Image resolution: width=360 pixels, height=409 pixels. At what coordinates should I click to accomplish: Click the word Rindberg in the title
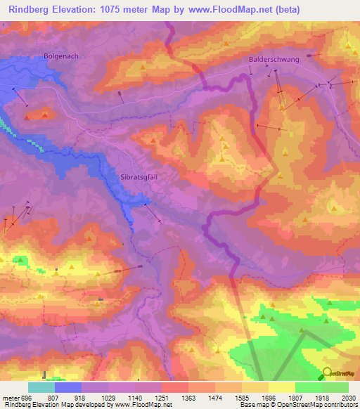(x=31, y=10)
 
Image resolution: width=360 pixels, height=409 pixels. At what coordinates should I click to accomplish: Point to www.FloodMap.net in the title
(x=233, y=10)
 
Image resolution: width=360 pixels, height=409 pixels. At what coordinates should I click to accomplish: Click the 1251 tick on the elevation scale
(x=161, y=397)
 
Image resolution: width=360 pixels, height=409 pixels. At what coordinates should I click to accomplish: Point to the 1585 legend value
(x=241, y=397)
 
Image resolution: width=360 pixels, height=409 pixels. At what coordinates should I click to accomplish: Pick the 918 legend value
(x=81, y=397)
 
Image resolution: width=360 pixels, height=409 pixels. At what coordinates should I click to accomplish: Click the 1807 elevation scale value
(x=295, y=397)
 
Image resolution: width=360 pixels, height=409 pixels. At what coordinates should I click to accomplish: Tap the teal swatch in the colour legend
(x=41, y=387)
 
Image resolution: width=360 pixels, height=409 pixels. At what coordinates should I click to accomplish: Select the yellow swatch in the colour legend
(x=281, y=387)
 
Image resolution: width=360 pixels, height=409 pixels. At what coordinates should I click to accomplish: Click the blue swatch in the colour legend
(x=67, y=387)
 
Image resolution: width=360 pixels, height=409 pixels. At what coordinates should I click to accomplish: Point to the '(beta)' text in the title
(x=286, y=10)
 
